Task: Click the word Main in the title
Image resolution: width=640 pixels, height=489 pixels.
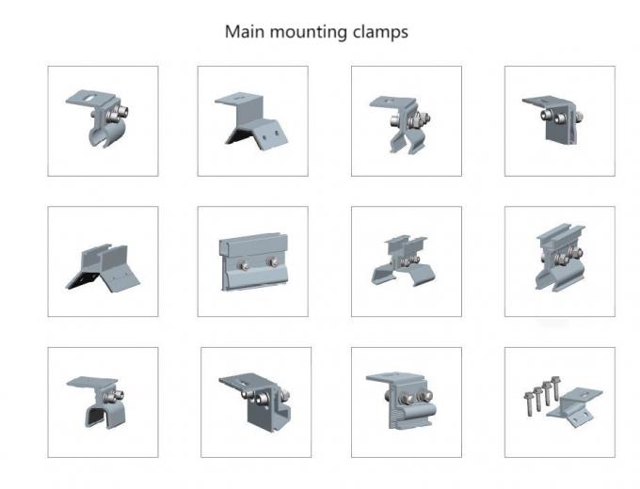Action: click(243, 31)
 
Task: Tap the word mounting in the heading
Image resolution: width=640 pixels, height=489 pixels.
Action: click(305, 32)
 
